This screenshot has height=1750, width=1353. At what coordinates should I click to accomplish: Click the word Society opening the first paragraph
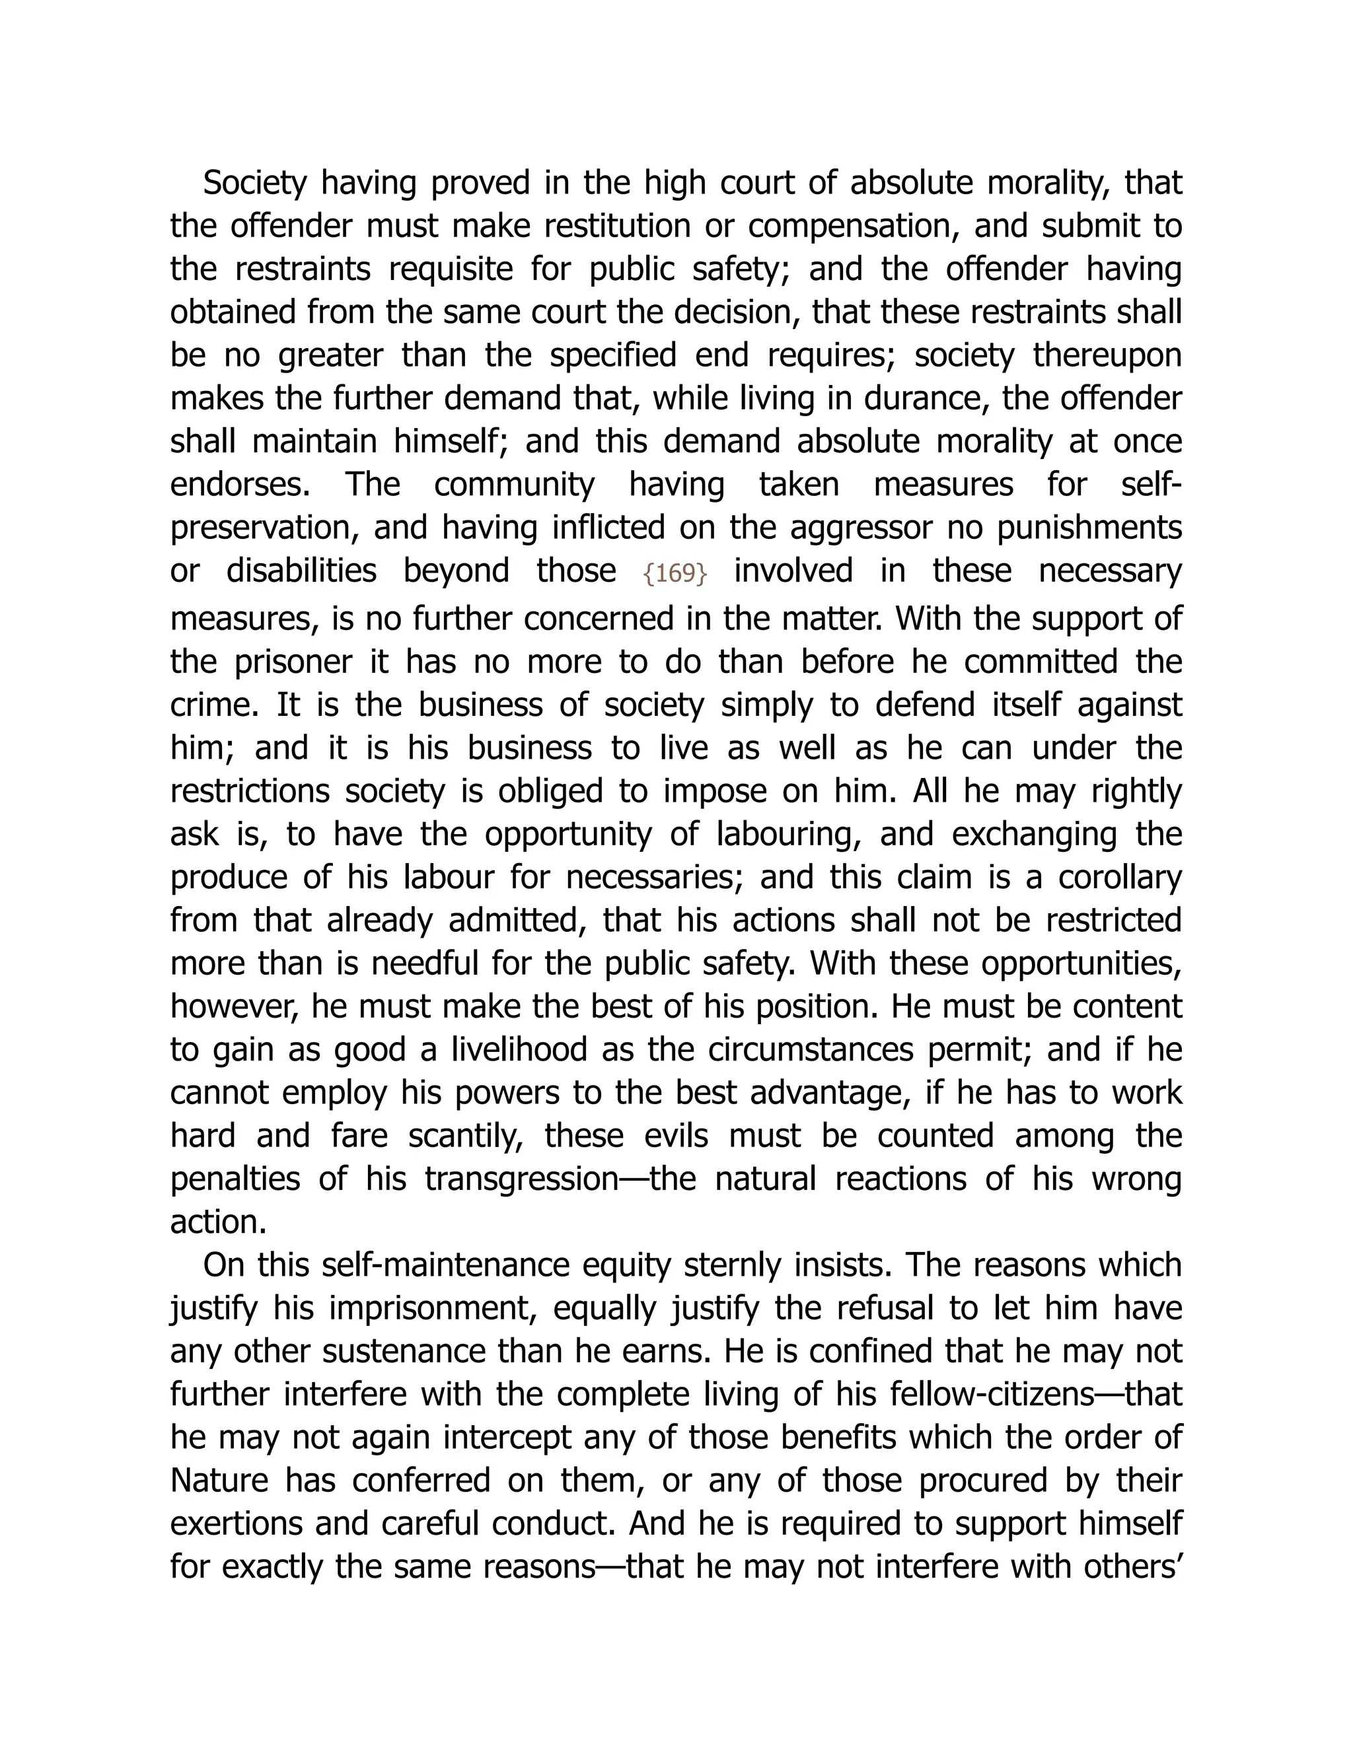255,184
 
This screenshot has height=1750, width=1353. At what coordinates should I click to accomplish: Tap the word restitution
616,227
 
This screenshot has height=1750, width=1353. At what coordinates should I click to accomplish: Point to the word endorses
240,485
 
